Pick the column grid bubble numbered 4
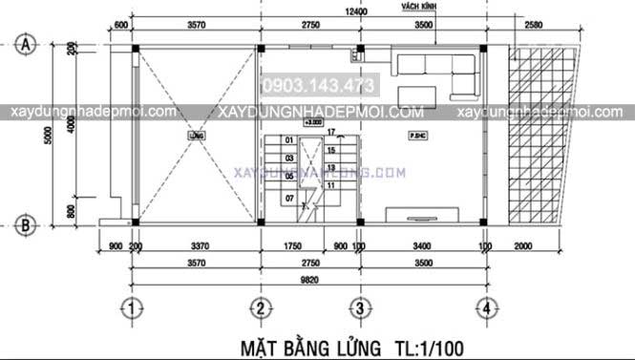[487, 307]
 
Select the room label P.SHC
[417, 137]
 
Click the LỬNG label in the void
[197, 137]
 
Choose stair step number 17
[329, 131]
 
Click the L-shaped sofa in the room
[435, 68]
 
